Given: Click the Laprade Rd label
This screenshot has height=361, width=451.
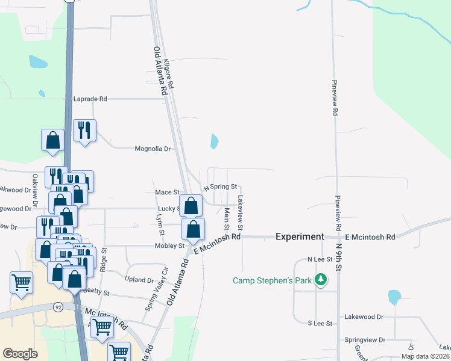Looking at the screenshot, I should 90,99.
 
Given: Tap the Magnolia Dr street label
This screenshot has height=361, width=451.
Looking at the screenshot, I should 153,149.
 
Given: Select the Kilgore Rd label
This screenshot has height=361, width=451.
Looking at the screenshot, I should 172,75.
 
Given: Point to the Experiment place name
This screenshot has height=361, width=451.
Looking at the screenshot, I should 300,237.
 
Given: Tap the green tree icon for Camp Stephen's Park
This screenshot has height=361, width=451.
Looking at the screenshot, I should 322,280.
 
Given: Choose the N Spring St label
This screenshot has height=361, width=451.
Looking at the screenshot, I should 220,188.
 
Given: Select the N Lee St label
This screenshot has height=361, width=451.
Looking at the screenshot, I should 320,259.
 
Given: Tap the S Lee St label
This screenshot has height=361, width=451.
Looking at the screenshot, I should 320,324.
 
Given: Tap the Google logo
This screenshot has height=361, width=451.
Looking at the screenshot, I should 20,353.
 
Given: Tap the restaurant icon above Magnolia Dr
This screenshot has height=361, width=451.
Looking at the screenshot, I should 84,131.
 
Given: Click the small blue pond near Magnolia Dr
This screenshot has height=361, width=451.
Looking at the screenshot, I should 214,142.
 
